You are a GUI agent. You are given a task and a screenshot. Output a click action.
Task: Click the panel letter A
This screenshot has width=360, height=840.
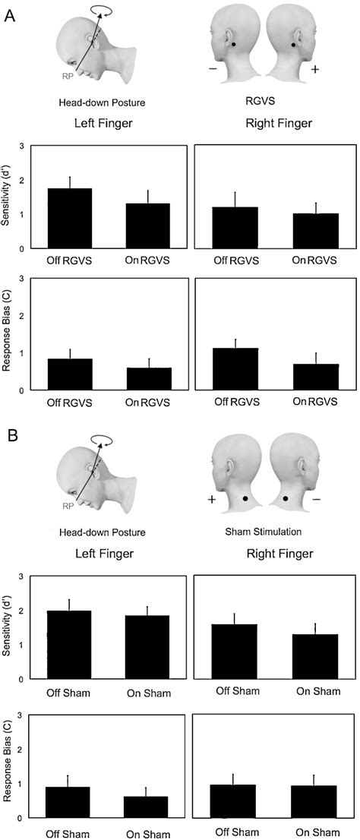coord(11,16)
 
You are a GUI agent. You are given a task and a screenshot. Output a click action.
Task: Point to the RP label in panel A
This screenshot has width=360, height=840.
coord(69,76)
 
